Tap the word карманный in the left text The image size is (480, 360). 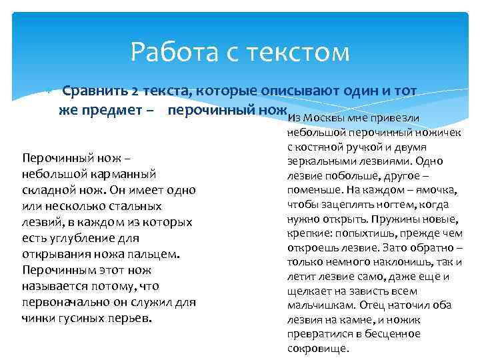125,174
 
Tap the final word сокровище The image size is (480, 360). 317,349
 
